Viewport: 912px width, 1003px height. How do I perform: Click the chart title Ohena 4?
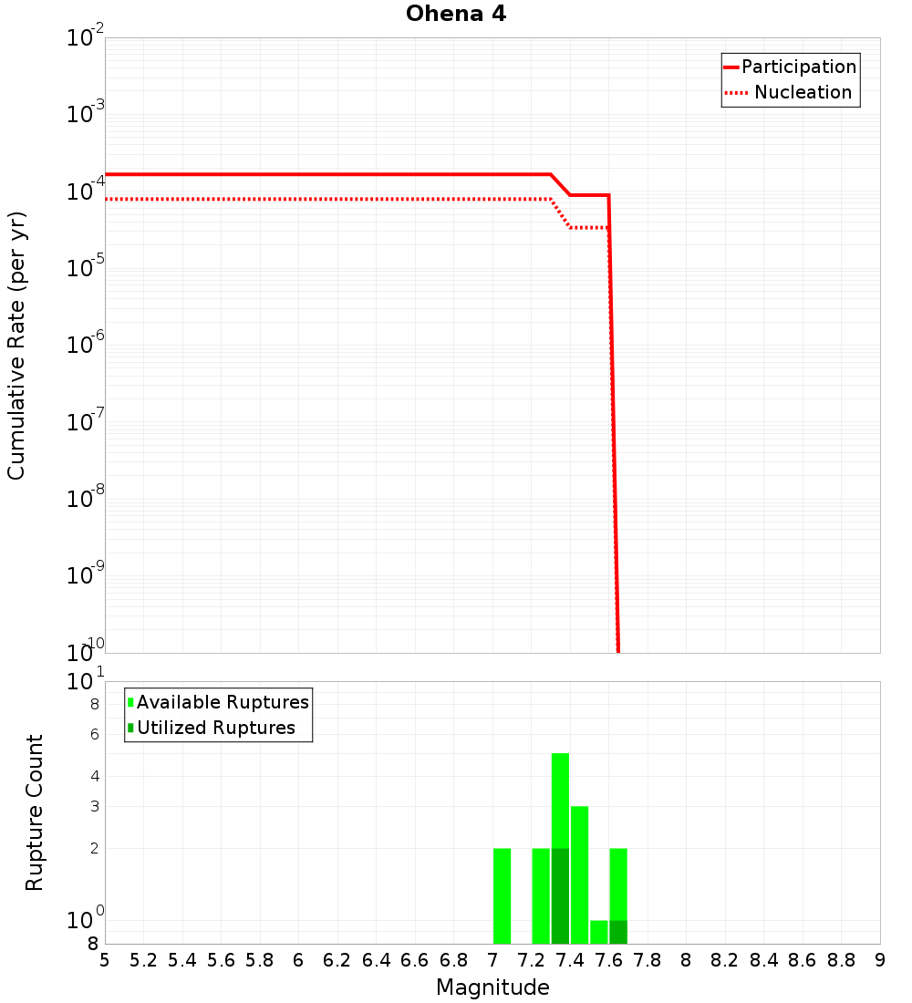click(456, 15)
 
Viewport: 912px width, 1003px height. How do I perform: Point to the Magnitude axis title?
click(492, 987)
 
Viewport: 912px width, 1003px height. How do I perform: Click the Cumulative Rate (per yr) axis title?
click(16, 346)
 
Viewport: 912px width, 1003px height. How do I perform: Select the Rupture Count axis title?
click(35, 812)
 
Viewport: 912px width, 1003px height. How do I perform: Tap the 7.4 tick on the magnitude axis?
click(570, 960)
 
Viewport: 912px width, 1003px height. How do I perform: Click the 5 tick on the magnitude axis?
click(105, 960)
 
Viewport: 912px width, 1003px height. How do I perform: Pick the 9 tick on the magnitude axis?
click(879, 960)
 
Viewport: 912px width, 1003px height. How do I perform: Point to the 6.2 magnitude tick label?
click(337, 960)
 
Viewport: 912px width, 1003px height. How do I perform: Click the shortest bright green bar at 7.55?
click(598, 932)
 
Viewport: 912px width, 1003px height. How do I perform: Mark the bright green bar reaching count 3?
click(579, 875)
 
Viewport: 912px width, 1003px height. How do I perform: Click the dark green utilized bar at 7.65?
click(618, 932)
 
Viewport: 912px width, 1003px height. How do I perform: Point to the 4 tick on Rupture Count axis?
click(94, 777)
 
